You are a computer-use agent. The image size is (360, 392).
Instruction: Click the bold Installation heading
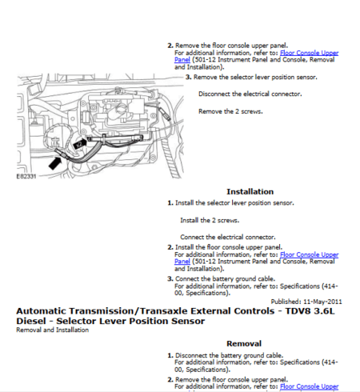[x=250, y=192]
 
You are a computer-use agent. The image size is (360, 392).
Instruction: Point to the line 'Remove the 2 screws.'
[x=228, y=110]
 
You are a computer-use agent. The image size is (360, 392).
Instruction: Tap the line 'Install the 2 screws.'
[x=210, y=219]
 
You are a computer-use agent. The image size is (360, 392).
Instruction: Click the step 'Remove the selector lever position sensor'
[x=255, y=77]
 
